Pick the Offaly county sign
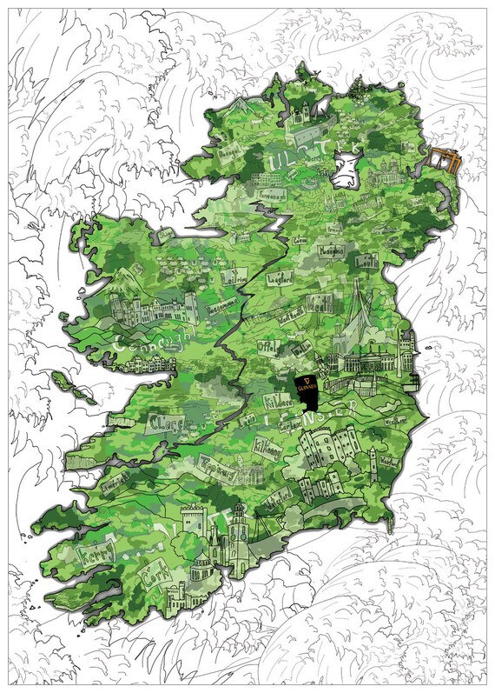pyautogui.click(x=267, y=346)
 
